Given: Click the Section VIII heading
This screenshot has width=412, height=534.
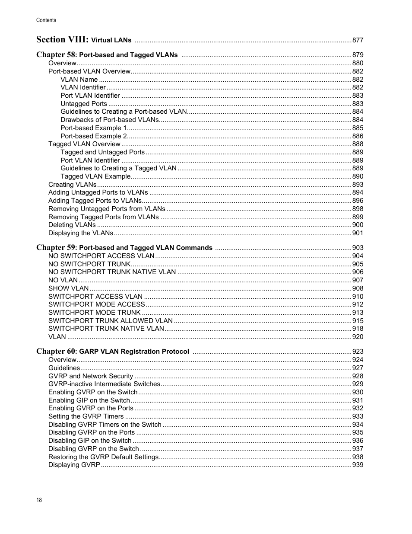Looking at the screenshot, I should (63, 40).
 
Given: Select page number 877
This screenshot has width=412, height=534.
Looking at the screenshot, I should (358, 40).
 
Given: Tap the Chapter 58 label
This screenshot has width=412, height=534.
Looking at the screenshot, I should (56, 54).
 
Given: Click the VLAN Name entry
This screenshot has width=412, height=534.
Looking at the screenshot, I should (79, 80).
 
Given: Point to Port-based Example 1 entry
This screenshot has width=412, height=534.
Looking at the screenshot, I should (94, 128).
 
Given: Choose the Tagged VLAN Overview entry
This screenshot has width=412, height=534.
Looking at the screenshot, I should (84, 144).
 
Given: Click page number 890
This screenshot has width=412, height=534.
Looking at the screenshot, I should (358, 176).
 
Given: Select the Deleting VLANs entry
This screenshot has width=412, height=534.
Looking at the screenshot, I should (72, 225).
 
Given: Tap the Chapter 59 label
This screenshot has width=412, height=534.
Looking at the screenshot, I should (56, 247).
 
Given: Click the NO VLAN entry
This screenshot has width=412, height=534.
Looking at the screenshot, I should (63, 280).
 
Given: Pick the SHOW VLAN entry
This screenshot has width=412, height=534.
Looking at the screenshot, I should (68, 288).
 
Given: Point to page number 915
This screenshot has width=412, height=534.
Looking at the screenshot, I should (358, 321).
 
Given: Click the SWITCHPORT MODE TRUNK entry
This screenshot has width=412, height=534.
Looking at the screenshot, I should (95, 313).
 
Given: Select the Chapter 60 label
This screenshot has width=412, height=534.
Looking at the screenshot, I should (56, 351).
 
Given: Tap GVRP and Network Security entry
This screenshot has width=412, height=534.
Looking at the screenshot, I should (91, 376).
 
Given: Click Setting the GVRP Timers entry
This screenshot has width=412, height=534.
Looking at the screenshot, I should (86, 416).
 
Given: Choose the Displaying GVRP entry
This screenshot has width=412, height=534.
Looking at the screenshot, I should (74, 465).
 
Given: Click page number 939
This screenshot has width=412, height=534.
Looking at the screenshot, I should (358, 465).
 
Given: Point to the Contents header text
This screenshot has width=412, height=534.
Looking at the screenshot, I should (46, 20).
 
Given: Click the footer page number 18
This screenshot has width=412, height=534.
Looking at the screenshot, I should (39, 500).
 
